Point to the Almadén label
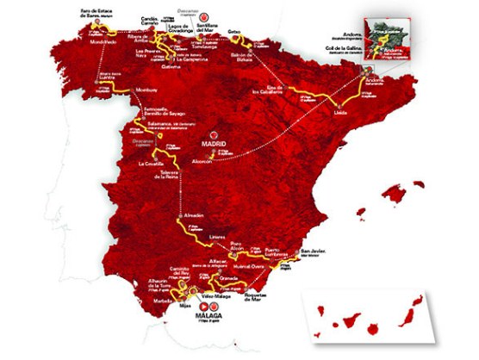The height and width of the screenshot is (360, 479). [194, 214]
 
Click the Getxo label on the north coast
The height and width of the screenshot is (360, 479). [233, 31]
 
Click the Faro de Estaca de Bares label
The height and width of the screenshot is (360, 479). [97, 11]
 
